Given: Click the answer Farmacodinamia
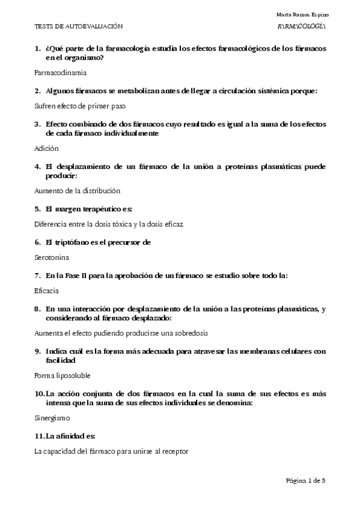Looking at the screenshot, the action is (x=61, y=72).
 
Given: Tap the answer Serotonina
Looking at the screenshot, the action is (x=52, y=257).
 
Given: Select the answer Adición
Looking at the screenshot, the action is (x=46, y=147).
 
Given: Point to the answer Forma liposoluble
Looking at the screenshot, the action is (x=63, y=375).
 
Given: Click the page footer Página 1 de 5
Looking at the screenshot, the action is (x=306, y=481).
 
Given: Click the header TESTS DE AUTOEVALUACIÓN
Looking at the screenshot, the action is (x=79, y=27).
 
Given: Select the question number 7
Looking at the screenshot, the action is (x=38, y=275).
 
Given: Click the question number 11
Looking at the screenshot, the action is (x=41, y=435).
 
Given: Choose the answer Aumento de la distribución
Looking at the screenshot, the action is (x=78, y=191).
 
